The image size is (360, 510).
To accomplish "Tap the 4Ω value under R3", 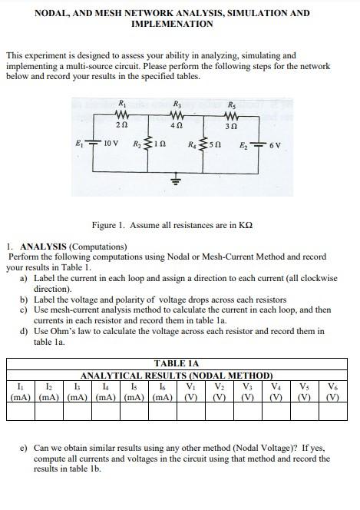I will click(x=176, y=125).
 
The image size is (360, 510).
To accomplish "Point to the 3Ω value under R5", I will click(x=231, y=125).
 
